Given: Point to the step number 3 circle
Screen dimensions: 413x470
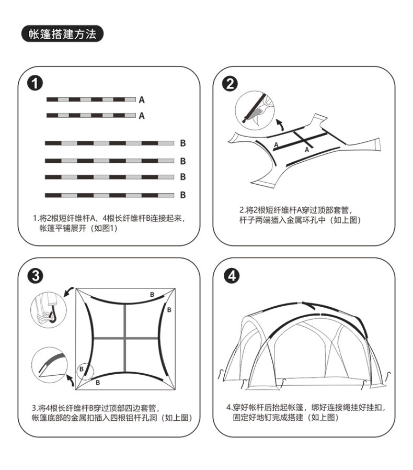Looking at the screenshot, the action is click(36, 276).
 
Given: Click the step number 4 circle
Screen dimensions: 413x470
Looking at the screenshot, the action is click(230, 276).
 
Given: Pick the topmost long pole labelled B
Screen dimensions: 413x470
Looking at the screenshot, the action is click(109, 143).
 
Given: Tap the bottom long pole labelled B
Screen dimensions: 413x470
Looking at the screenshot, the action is click(109, 195).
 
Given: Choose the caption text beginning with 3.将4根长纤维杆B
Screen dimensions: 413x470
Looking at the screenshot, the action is click(112, 412).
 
